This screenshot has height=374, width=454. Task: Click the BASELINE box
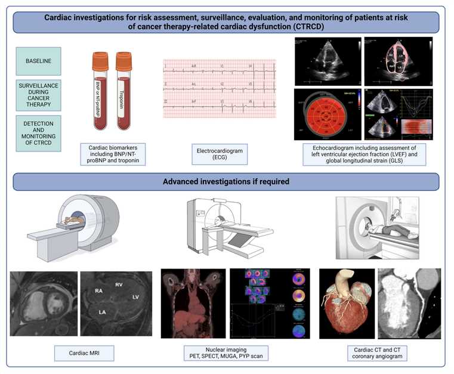(x=38, y=61)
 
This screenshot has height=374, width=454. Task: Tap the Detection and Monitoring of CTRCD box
(x=38, y=132)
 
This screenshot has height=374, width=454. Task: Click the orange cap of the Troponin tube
(x=124, y=60)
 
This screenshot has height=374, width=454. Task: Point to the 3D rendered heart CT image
(x=347, y=302)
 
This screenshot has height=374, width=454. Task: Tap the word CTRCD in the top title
(x=339, y=27)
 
